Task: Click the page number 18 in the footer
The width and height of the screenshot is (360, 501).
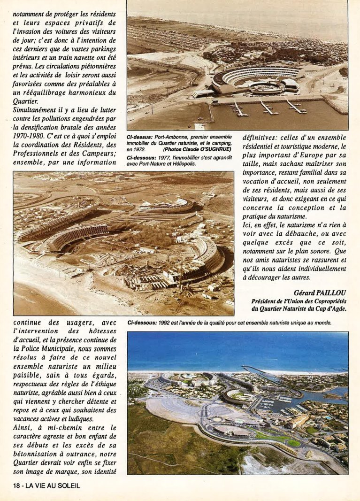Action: (17, 486)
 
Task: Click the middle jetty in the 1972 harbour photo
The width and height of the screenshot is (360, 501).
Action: (267, 108)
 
